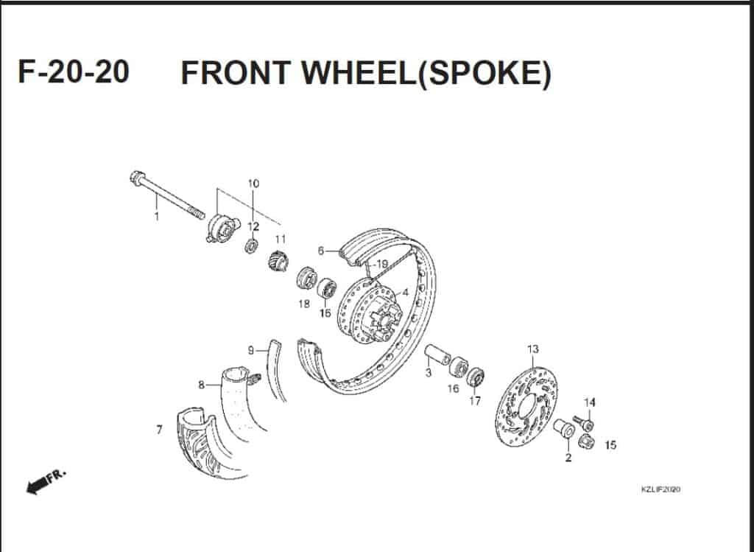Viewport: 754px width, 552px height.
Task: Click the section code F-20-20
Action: (74, 72)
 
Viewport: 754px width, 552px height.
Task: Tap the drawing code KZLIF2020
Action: (660, 490)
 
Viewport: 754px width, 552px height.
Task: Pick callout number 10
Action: (253, 183)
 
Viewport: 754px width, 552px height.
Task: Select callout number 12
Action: (253, 226)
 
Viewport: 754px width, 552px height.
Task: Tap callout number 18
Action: (303, 304)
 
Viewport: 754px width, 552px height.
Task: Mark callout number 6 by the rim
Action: (321, 251)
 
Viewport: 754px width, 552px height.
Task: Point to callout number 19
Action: (381, 264)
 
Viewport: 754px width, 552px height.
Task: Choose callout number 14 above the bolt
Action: (589, 402)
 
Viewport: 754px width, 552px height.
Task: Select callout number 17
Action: (476, 401)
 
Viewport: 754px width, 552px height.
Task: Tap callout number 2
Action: (568, 458)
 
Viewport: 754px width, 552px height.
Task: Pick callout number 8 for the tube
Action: (201, 384)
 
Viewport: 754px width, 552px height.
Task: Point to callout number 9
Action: (250, 350)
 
